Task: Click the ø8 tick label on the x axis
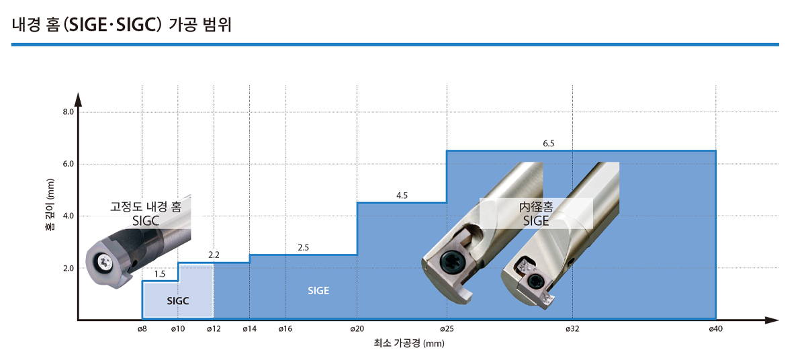[x=142, y=328]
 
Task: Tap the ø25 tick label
[x=447, y=328]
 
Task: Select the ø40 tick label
[x=716, y=328]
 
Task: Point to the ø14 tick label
[x=249, y=328]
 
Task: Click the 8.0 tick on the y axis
[x=68, y=112]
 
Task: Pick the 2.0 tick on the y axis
[x=68, y=268]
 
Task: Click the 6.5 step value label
[x=549, y=144]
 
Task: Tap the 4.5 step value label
[x=402, y=195]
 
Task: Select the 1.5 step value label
[x=160, y=274]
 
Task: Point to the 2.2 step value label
[x=214, y=255]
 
